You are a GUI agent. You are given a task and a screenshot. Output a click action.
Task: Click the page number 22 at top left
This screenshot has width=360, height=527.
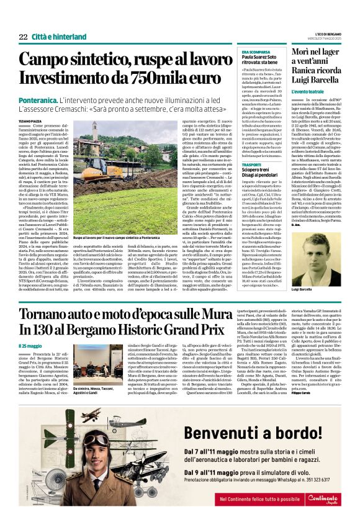coord(24,37)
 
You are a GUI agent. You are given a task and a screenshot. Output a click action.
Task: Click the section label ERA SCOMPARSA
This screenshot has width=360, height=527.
coord(254,51)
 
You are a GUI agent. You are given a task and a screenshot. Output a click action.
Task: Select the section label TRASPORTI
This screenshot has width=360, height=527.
coord(252,146)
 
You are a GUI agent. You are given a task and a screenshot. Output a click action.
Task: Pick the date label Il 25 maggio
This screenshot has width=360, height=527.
coord(30,346)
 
